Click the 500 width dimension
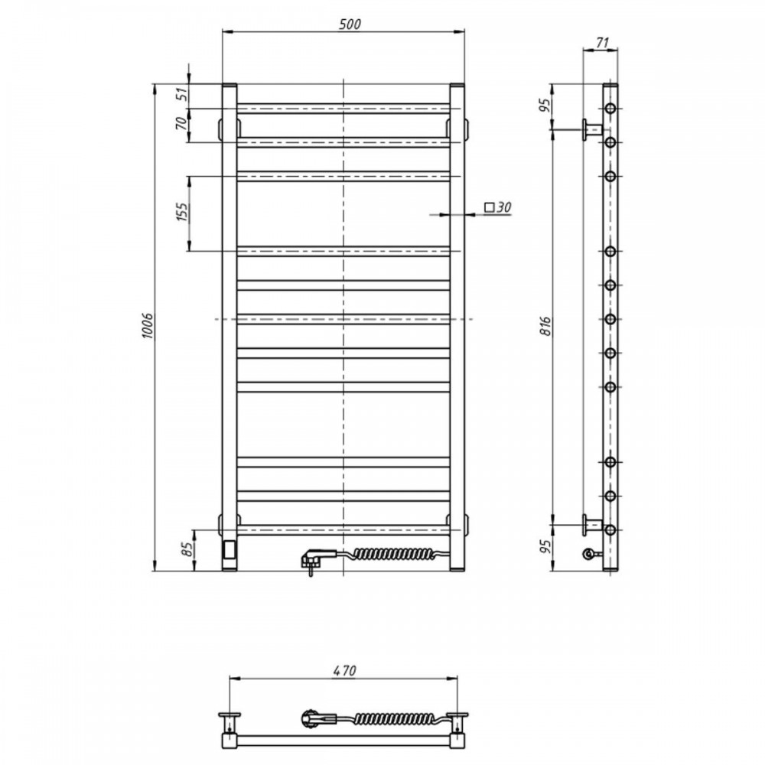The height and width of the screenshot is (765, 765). click(x=350, y=24)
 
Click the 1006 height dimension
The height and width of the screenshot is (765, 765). click(x=148, y=326)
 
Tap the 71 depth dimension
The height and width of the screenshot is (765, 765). click(x=603, y=42)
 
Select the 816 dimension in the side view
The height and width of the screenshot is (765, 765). click(x=545, y=325)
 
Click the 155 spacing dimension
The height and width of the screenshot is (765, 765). click(x=181, y=212)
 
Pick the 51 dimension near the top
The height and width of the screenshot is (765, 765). click(x=181, y=93)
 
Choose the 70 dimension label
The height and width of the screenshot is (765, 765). click(x=181, y=123)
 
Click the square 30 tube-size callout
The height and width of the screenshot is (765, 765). click(x=498, y=207)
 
